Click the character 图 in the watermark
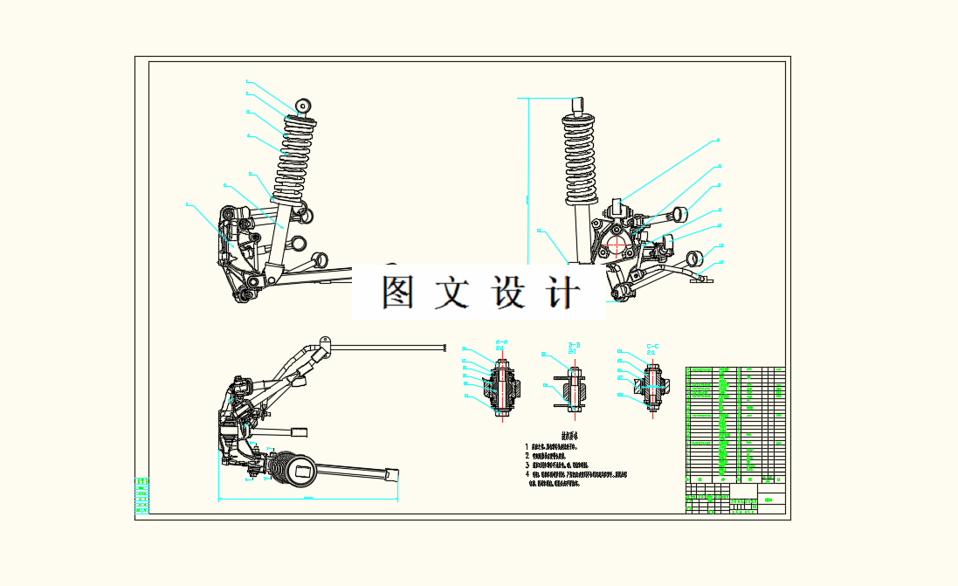point(398,293)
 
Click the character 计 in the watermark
point(562,293)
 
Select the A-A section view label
point(502,345)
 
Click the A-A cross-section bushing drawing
point(502,388)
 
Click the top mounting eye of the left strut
point(304,106)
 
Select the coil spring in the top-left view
point(292,157)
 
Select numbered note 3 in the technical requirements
point(559,465)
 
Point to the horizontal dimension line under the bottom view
point(307,500)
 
